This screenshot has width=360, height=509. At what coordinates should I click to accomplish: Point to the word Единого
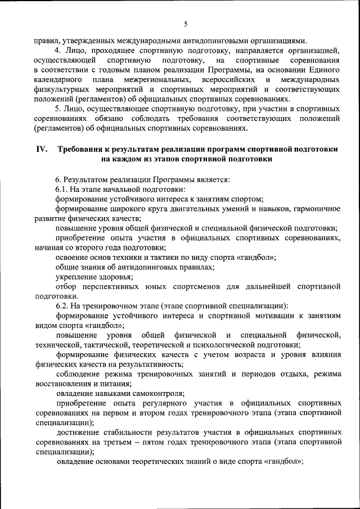[x=325, y=69]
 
